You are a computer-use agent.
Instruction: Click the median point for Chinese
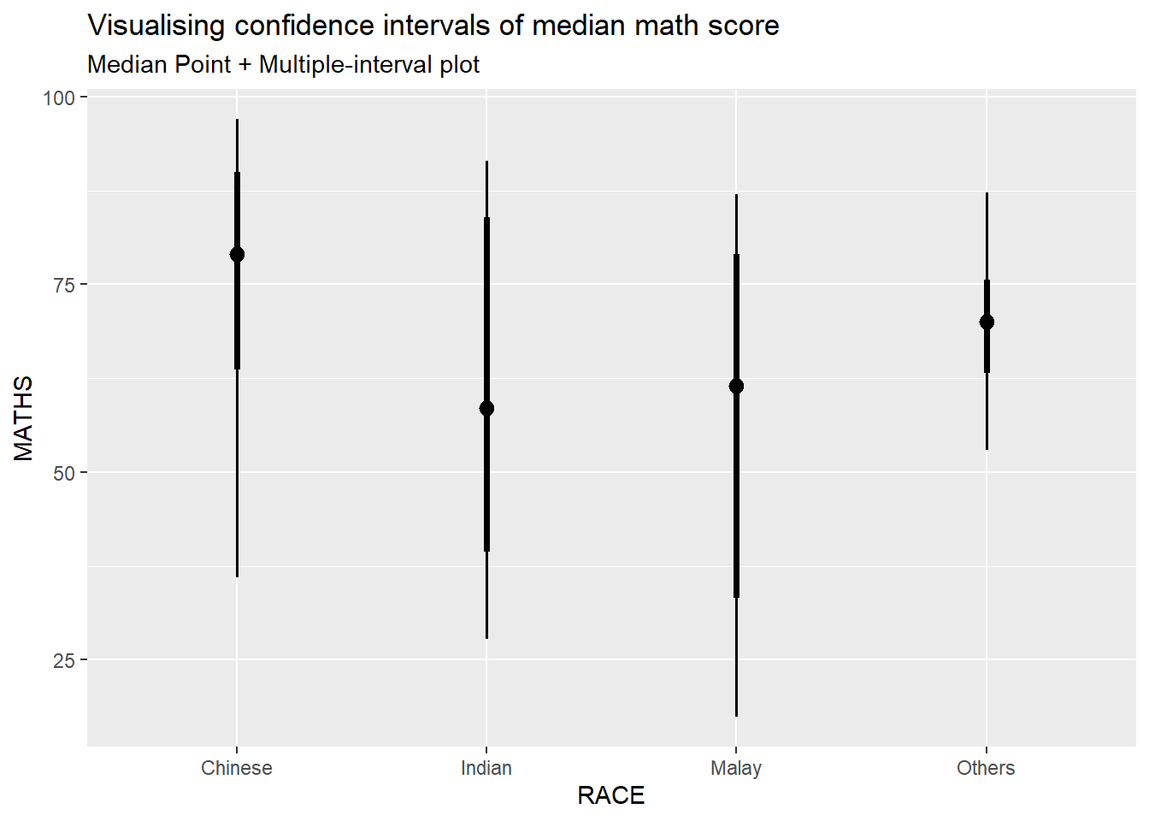tap(237, 254)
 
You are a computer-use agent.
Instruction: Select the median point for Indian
tap(486, 408)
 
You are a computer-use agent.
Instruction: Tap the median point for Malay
tap(736, 386)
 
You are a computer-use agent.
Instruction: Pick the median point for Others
tap(987, 322)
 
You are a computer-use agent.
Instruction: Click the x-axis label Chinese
tap(237, 768)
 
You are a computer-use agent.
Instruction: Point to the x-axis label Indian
tap(486, 768)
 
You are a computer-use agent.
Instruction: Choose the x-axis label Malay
tap(736, 768)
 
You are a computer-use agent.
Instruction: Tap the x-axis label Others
tap(986, 768)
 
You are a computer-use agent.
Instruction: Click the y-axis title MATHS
tap(24, 418)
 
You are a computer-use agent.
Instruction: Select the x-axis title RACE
tap(611, 795)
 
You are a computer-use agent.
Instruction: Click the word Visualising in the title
tap(157, 26)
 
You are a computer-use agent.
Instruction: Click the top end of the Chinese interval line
tap(237, 121)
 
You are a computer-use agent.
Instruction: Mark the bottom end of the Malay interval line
tap(736, 715)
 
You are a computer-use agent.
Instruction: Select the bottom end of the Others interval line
tap(987, 448)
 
